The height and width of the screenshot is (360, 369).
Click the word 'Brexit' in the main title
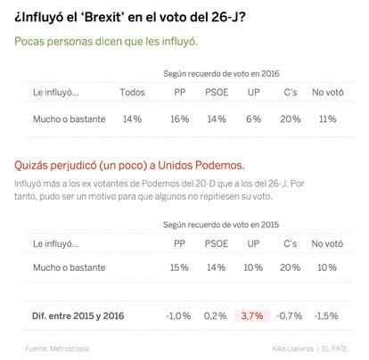tap(103, 17)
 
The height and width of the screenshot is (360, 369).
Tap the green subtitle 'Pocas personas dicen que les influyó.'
tap(106, 41)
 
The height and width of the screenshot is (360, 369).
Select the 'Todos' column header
tap(132, 93)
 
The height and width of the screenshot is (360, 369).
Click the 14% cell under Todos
tap(132, 119)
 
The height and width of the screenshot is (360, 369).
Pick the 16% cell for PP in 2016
tap(180, 119)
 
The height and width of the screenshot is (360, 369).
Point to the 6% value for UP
tap(253, 119)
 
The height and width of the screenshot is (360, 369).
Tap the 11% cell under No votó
tap(328, 119)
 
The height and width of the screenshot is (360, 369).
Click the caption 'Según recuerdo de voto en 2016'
tap(221, 74)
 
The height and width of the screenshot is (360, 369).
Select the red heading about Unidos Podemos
tap(129, 166)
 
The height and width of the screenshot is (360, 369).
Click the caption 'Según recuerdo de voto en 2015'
tap(221, 225)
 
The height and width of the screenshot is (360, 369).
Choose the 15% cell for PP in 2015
tap(179, 267)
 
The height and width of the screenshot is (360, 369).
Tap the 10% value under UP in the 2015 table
tap(253, 267)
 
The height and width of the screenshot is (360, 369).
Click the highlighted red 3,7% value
tap(252, 315)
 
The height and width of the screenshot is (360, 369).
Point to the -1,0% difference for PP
tap(178, 315)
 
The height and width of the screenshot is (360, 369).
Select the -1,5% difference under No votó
tap(326, 315)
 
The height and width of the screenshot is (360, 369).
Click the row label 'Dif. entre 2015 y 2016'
tap(78, 315)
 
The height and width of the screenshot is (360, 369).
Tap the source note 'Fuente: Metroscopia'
tap(57, 348)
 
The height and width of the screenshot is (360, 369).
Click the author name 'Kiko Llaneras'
tap(292, 348)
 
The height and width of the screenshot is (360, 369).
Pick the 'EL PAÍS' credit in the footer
tap(334, 348)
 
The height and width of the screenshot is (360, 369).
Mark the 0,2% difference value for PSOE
tap(216, 315)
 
